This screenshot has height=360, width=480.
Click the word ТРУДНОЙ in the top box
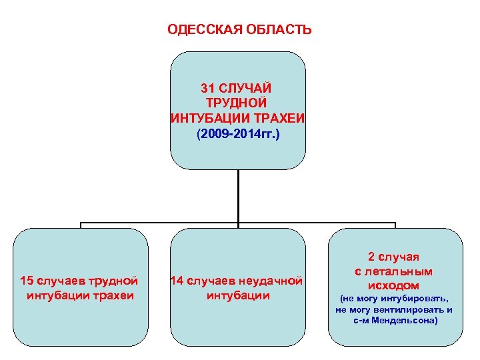(x=238, y=103)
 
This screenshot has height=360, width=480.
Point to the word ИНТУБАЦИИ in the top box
(x=203, y=118)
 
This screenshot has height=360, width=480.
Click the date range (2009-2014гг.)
(x=238, y=133)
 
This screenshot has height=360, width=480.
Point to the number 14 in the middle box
(x=178, y=281)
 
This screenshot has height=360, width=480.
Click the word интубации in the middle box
(x=238, y=295)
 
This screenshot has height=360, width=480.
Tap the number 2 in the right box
(x=371, y=257)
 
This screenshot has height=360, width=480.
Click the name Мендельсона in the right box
(x=402, y=320)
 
